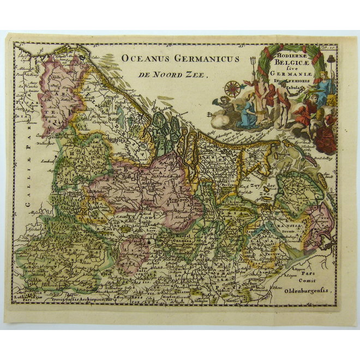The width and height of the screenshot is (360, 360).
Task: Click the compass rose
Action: coord(233,88)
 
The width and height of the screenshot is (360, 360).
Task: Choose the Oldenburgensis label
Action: coord(309,291)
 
